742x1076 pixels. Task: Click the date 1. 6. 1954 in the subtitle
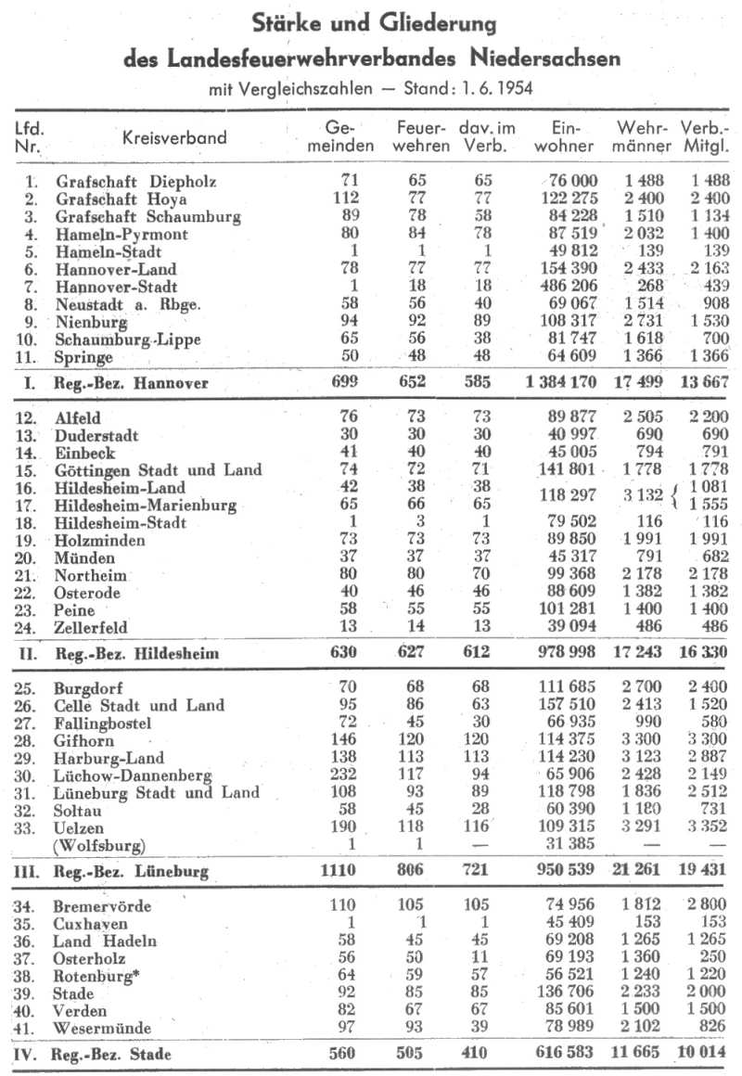pyautogui.click(x=488, y=91)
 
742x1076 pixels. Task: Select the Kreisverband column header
pyautogui.click(x=174, y=137)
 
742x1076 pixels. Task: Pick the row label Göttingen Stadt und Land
pyautogui.click(x=158, y=470)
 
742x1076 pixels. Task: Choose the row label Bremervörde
pyautogui.click(x=103, y=905)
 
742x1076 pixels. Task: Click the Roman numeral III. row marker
pyautogui.click(x=28, y=872)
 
